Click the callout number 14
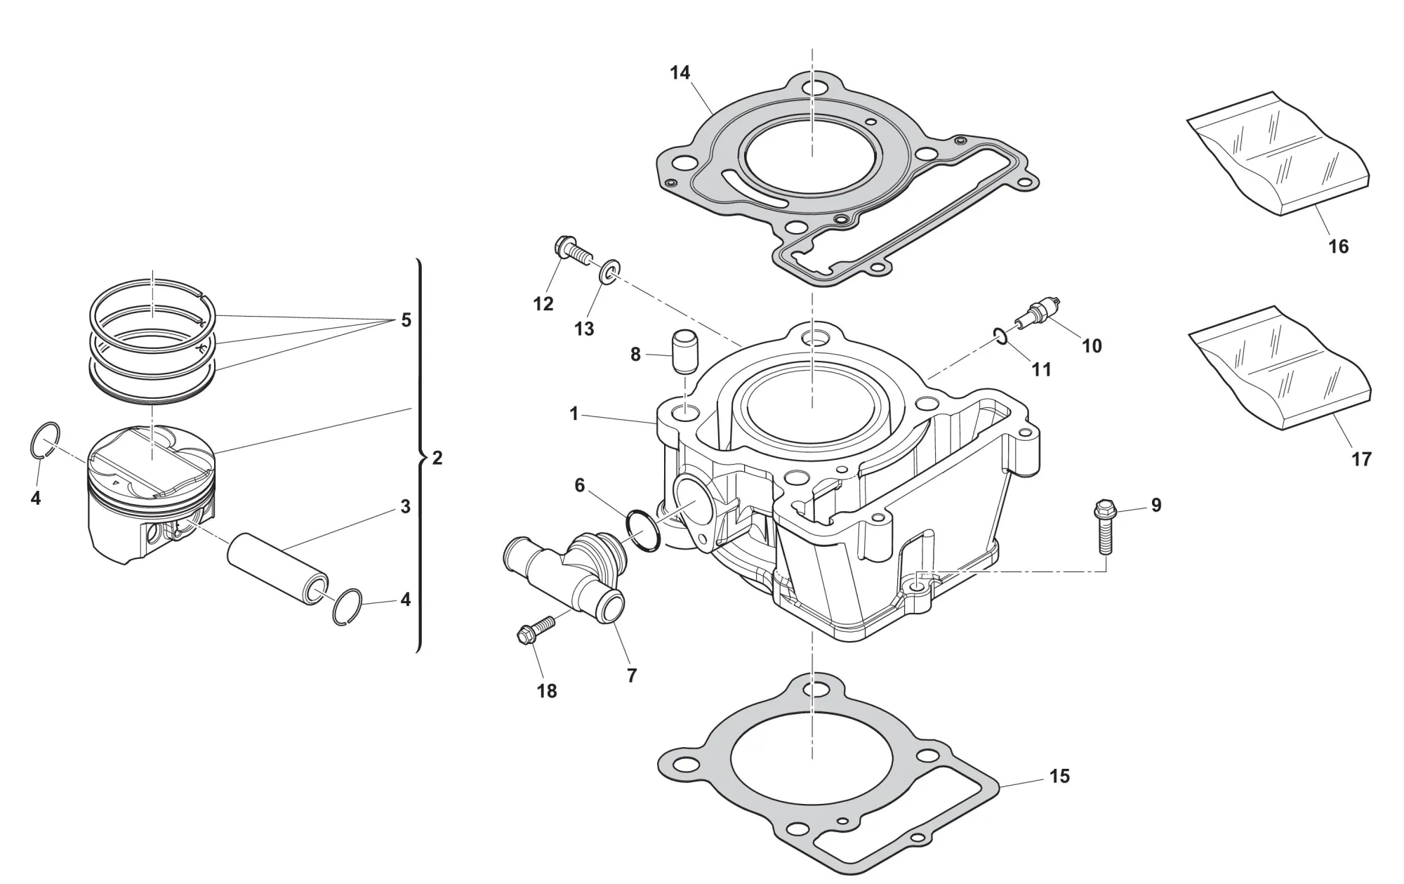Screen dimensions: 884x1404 (x=680, y=72)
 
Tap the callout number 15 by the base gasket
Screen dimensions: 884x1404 (x=1059, y=776)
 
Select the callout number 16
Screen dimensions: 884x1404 (x=1338, y=246)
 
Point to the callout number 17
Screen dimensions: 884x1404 (x=1361, y=459)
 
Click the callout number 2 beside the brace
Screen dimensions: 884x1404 (x=437, y=459)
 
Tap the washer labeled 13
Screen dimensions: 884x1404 (x=609, y=272)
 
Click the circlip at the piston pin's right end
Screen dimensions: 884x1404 (x=347, y=606)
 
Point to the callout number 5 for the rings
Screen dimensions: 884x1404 (x=406, y=320)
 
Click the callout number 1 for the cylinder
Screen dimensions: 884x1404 (x=574, y=414)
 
